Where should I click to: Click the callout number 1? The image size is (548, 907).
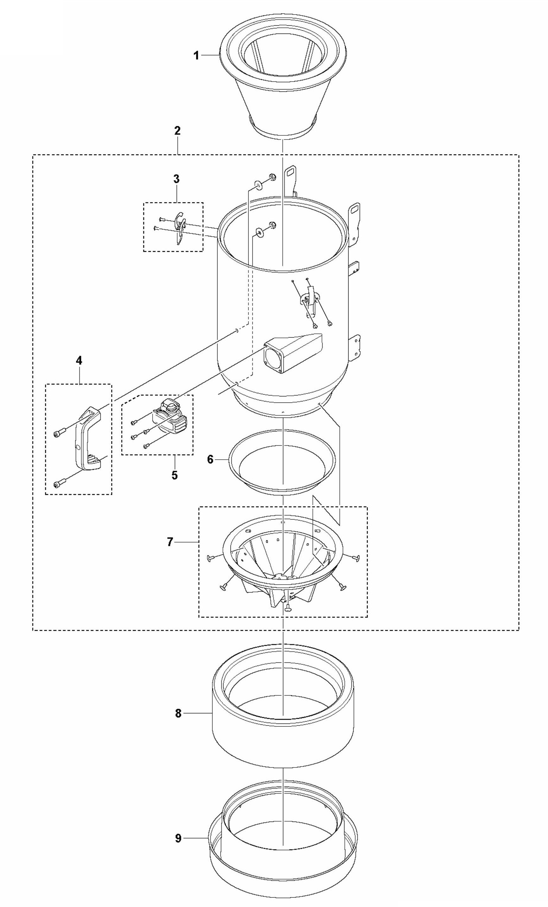(196, 56)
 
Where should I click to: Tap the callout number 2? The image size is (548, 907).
(177, 131)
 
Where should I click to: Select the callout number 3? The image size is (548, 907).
(176, 179)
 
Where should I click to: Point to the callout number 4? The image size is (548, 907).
(79, 360)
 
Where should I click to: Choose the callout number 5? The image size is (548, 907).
(174, 475)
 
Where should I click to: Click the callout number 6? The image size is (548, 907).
(210, 459)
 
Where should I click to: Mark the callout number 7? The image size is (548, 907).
(170, 542)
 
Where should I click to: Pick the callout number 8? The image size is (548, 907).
(178, 713)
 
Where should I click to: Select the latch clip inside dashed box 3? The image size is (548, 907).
(180, 227)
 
